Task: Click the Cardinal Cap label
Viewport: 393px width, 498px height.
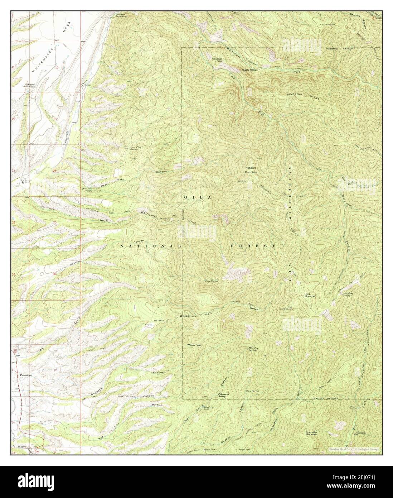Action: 217,60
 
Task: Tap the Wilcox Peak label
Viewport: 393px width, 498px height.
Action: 194,345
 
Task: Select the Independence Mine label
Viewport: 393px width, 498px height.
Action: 360,434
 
